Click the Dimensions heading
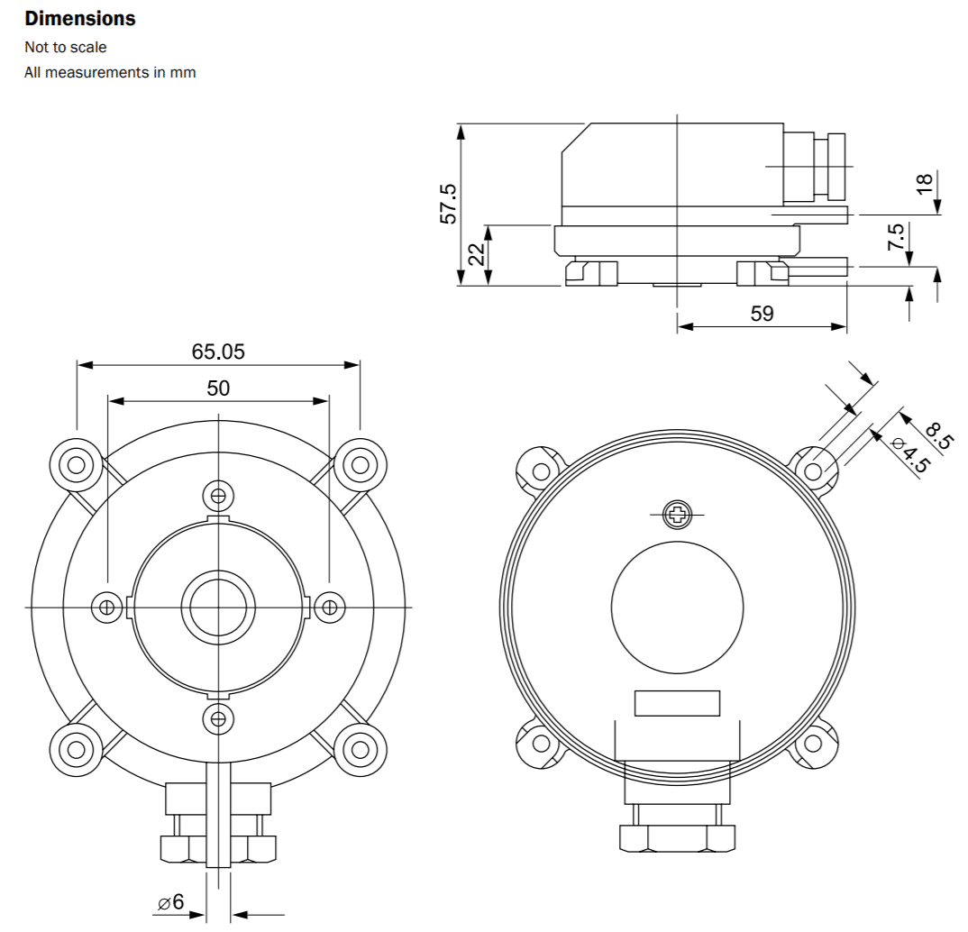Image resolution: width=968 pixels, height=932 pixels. (x=80, y=18)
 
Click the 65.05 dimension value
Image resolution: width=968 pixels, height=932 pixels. (x=218, y=352)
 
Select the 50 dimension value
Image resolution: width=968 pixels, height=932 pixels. (x=218, y=388)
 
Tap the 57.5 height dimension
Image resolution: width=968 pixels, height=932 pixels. (x=448, y=204)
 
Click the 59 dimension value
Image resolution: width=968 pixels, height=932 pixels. (x=762, y=314)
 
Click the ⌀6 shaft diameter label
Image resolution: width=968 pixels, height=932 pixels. (x=170, y=901)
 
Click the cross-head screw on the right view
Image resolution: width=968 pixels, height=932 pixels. (x=677, y=515)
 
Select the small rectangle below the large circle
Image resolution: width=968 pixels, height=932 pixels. (x=677, y=703)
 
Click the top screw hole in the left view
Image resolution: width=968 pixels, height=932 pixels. (x=217, y=494)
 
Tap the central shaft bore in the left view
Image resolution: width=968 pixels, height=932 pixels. (x=217, y=606)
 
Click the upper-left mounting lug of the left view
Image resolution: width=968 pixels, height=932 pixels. (x=77, y=465)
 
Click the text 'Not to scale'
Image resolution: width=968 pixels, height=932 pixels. (x=65, y=47)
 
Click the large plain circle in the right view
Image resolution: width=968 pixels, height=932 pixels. (x=677, y=606)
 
